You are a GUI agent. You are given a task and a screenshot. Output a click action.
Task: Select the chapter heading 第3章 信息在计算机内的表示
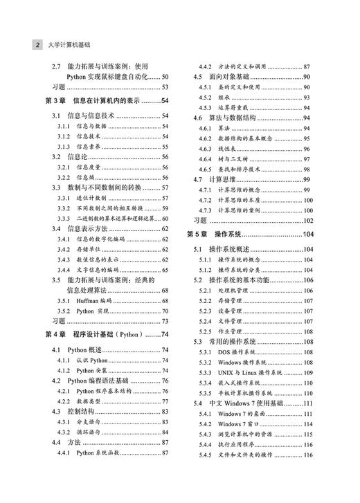click(98, 101)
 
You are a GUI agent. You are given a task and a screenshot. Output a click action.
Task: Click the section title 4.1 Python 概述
click(76, 350)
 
